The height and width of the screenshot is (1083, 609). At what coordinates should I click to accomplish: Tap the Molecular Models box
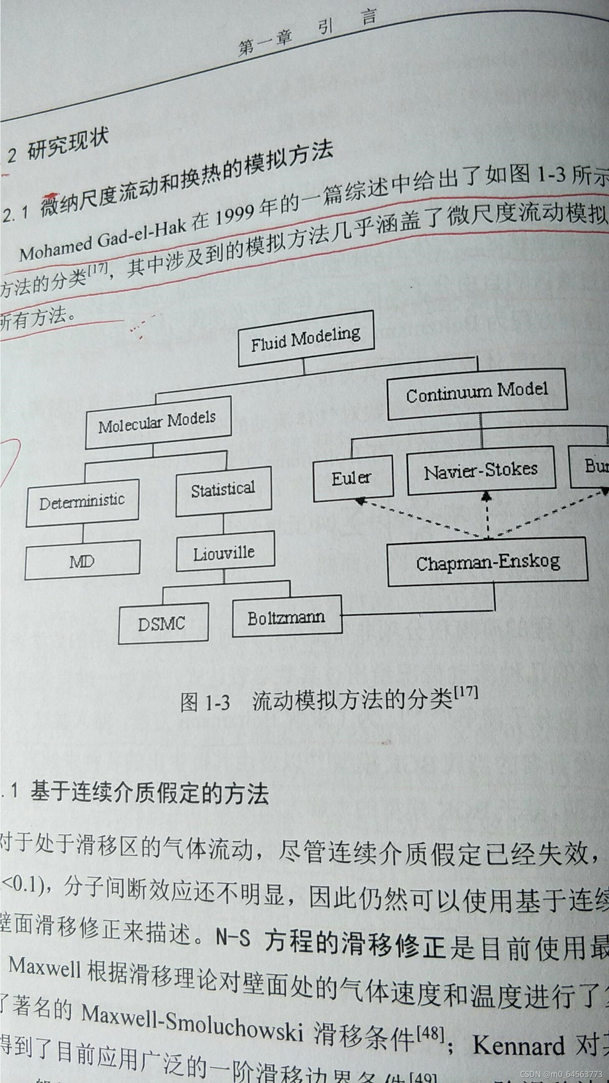point(157,422)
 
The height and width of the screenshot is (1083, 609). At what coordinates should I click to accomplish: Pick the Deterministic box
point(82,502)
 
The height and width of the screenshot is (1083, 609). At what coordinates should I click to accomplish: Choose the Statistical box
point(223,491)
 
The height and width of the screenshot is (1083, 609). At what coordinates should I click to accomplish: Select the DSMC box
point(162,623)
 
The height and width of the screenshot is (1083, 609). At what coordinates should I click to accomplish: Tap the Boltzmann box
point(287,617)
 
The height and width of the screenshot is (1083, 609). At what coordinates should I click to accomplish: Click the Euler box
point(353,478)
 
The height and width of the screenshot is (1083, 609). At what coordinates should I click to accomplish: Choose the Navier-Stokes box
point(481,470)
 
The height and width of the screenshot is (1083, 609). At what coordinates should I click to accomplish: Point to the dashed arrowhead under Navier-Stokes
point(487,497)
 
